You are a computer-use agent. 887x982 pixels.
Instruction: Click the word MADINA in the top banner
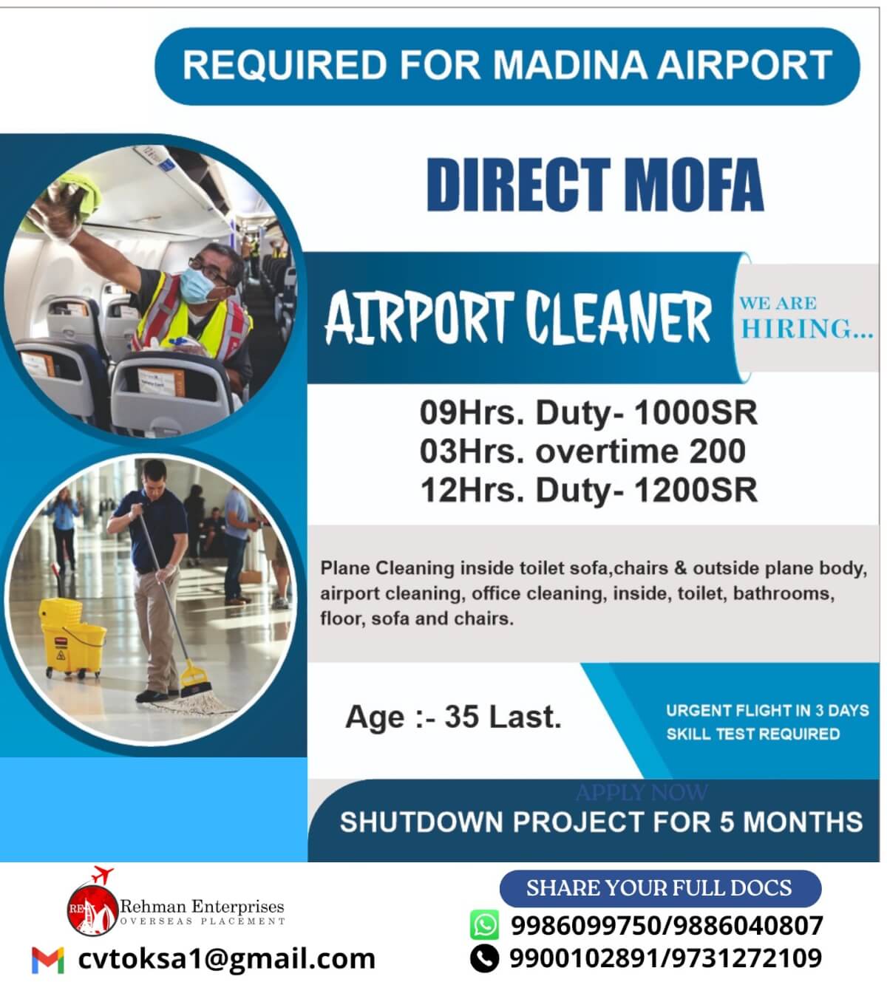click(571, 65)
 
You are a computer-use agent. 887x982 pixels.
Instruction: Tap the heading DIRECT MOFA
click(594, 185)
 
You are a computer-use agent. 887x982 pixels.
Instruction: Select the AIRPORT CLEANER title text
click(517, 318)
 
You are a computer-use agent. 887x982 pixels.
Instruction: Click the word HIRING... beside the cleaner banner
click(806, 329)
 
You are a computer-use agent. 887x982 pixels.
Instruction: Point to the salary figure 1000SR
click(696, 413)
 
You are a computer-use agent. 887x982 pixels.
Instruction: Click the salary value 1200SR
click(696, 490)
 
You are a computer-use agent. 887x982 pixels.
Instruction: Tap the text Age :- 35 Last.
click(453, 717)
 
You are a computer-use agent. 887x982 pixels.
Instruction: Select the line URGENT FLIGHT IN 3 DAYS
click(767, 711)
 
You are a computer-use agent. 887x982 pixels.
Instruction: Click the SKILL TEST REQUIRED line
click(752, 734)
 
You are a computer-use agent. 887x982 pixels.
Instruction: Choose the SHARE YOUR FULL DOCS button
click(659, 888)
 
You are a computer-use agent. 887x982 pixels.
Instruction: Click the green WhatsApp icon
click(484, 924)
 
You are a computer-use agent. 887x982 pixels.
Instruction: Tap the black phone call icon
click(484, 958)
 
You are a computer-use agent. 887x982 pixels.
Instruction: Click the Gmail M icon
click(48, 959)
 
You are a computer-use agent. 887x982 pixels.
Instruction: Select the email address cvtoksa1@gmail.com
click(226, 959)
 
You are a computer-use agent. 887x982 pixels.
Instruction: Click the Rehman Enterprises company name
click(201, 907)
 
